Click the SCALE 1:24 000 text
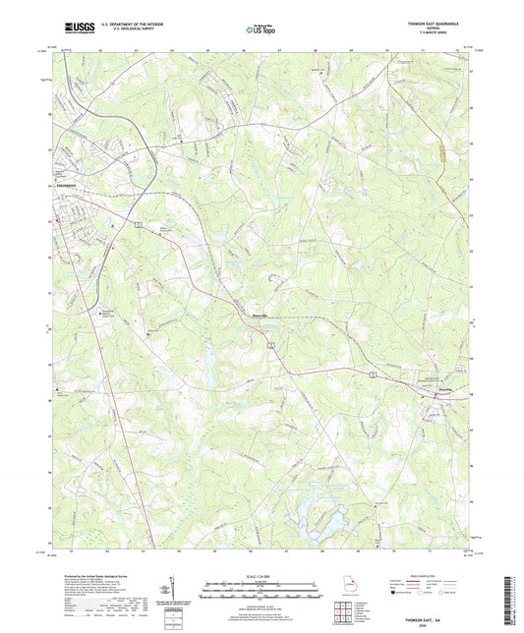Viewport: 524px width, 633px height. click(262, 576)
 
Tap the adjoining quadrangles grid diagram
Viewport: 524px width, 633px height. click(343, 616)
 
